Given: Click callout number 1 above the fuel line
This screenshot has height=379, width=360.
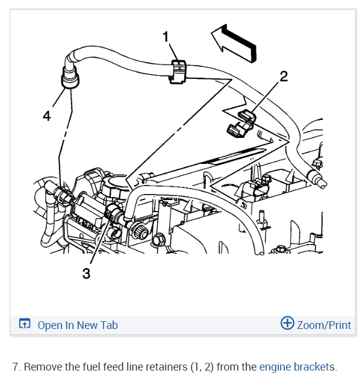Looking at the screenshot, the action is [x=166, y=37].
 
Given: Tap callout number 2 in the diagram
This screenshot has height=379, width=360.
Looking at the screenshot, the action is [x=284, y=77].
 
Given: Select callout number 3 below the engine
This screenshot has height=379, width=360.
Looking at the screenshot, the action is [x=86, y=274].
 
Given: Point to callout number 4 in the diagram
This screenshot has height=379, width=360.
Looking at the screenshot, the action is [x=47, y=116].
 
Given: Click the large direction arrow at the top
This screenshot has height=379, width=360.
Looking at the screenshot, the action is [x=234, y=43].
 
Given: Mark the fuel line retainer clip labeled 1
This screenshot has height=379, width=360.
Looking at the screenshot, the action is [x=178, y=72].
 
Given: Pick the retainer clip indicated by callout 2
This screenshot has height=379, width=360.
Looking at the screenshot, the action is [x=241, y=124].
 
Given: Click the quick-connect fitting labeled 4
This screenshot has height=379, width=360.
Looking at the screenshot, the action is [x=70, y=77].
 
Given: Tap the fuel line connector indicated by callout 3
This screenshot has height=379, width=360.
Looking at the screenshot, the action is [x=114, y=213].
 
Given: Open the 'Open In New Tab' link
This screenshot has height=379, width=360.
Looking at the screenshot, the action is [x=78, y=325].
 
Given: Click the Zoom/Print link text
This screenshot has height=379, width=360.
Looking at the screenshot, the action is [x=324, y=325].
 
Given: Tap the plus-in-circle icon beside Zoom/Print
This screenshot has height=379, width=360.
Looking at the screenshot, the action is [x=287, y=323].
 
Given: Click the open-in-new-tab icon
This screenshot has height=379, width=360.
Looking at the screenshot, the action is [x=25, y=324].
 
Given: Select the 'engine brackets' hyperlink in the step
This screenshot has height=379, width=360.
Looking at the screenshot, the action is [x=297, y=367].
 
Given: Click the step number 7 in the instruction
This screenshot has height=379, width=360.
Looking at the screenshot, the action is [x=15, y=367].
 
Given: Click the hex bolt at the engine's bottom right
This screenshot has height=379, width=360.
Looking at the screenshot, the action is [x=281, y=249].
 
